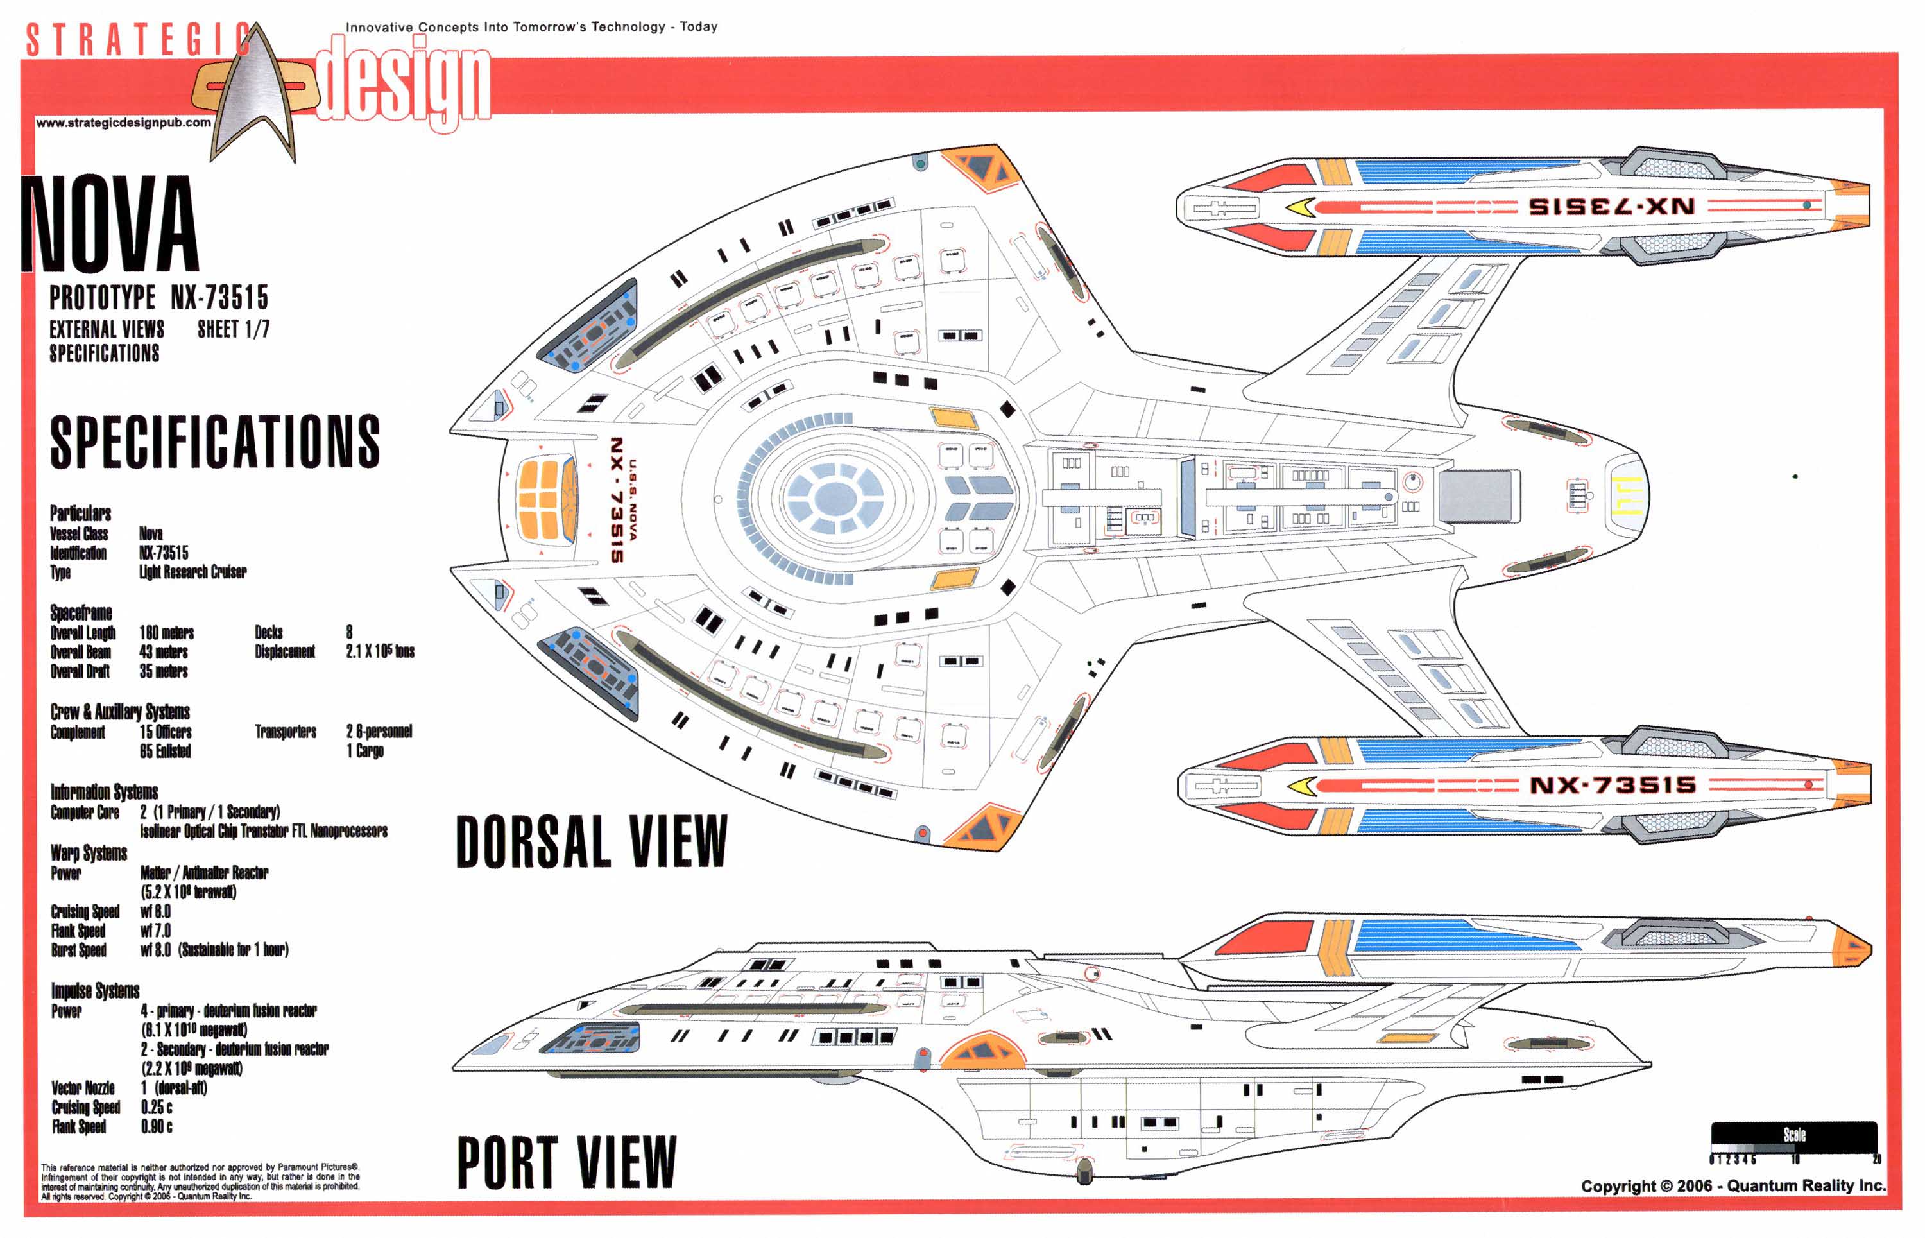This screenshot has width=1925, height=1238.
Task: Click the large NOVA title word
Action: pyautogui.click(x=110, y=224)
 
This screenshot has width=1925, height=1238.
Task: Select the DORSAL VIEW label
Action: pyautogui.click(x=592, y=841)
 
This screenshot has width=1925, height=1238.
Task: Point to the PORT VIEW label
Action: pyautogui.click(x=567, y=1162)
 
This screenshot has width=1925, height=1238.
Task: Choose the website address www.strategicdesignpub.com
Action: pyautogui.click(x=123, y=123)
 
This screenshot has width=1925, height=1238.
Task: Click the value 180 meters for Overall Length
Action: pyautogui.click(x=166, y=633)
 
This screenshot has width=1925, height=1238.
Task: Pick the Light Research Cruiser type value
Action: pyautogui.click(x=193, y=572)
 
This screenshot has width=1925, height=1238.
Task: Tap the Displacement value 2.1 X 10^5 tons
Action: pyautogui.click(x=380, y=651)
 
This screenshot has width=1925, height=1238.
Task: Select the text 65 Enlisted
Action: pyautogui.click(x=166, y=752)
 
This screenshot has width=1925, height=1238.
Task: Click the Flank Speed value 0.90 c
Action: pyautogui.click(x=157, y=1126)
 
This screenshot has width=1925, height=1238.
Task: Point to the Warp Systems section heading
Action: pyautogui.click(x=89, y=853)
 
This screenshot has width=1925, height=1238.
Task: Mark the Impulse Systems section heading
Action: pyautogui.click(x=95, y=990)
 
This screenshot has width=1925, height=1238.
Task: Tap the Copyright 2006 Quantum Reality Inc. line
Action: pyautogui.click(x=1732, y=1186)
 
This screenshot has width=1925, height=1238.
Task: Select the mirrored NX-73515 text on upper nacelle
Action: pyautogui.click(x=1611, y=206)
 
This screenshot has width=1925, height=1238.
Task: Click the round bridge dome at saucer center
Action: pyautogui.click(x=836, y=499)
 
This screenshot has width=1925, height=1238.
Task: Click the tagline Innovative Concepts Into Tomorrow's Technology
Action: pyautogui.click(x=531, y=26)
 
